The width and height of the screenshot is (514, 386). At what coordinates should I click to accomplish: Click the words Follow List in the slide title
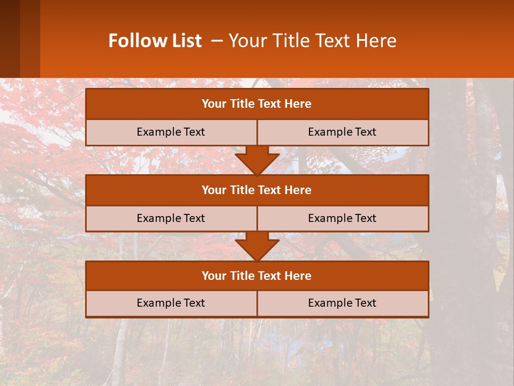(155, 41)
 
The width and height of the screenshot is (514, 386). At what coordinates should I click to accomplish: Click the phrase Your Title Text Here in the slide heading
(313, 41)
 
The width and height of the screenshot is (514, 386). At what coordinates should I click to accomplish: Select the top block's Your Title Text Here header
(256, 104)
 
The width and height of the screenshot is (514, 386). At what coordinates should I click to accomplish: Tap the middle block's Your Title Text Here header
(256, 190)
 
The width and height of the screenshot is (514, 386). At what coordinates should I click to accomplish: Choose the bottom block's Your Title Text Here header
(256, 276)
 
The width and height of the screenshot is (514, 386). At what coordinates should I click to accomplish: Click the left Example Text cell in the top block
(171, 132)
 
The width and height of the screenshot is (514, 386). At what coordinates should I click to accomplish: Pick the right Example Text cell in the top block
(342, 132)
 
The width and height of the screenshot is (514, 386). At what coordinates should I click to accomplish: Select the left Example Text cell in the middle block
(171, 218)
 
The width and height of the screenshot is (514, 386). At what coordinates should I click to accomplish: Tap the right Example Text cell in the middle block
(342, 218)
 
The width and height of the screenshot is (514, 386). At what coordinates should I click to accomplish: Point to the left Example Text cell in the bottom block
(171, 303)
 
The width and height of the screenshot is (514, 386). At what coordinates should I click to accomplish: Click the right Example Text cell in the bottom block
(342, 303)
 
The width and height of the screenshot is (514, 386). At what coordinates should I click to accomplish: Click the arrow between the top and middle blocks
(257, 160)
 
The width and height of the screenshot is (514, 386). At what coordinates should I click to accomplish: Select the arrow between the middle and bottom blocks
(257, 246)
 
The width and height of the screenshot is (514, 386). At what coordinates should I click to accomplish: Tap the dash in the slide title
(217, 41)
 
